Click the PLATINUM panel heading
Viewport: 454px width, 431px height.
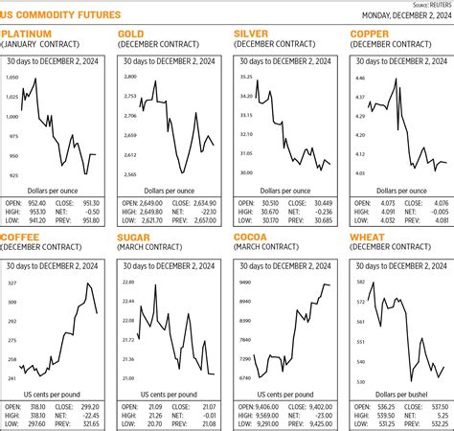coord(26,34)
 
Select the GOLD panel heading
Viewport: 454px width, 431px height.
coord(131,34)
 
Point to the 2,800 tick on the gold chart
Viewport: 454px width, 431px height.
coord(129,76)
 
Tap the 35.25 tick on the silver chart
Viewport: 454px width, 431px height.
coord(246,76)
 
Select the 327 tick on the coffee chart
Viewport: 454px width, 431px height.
coord(12,284)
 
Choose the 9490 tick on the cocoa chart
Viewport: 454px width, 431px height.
coord(245,283)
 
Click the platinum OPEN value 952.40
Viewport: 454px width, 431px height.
coord(36,203)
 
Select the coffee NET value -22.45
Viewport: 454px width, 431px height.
coord(90,417)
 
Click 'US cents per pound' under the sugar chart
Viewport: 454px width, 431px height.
coord(170,394)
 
